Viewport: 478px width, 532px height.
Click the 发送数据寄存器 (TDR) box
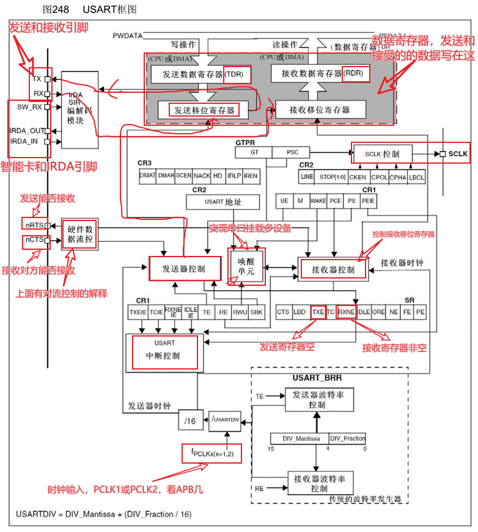tap(201, 73)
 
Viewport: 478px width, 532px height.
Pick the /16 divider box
tap(189, 421)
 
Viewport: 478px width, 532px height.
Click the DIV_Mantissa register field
tap(299, 438)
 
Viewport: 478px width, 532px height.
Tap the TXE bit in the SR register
tap(317, 312)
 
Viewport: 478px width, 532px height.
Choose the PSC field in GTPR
tap(291, 152)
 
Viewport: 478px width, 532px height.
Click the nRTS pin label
tap(34, 225)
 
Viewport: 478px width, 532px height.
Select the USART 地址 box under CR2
tap(222, 202)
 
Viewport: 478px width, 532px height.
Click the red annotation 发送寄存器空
tap(287, 347)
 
